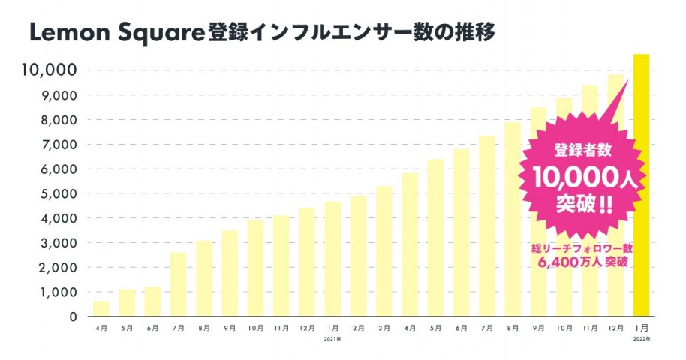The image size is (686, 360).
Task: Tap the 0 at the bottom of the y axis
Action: click(x=73, y=316)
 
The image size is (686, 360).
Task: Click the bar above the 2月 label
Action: click(x=358, y=255)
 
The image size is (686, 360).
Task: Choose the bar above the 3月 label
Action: click(x=384, y=250)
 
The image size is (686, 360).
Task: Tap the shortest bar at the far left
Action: click(x=101, y=307)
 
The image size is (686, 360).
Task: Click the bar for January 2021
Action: click(x=332, y=258)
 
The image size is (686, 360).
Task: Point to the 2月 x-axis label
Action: click(x=358, y=328)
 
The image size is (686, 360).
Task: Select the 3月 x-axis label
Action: click(x=384, y=328)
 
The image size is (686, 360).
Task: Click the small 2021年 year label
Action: click(x=332, y=339)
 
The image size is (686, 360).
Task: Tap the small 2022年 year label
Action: click(x=641, y=339)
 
